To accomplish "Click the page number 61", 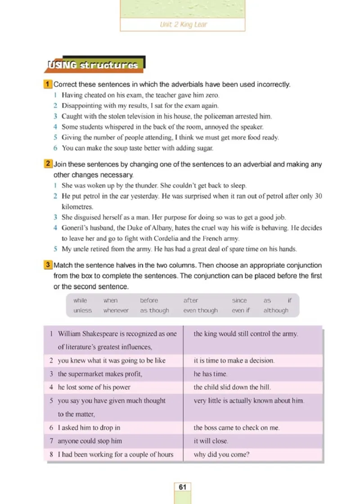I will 182,487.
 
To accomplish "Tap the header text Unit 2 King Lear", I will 183,25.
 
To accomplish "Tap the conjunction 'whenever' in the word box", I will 116,310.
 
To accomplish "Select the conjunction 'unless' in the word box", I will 82,310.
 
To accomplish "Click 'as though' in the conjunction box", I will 154,310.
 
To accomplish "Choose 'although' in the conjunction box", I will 276,310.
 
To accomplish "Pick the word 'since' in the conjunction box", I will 239,300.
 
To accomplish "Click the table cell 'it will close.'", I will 211,441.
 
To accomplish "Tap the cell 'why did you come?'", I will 221,455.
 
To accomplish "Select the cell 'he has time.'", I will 211,374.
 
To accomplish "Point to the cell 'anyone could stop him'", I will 90,441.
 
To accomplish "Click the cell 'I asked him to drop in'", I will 89,428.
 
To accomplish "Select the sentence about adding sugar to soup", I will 137,148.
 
